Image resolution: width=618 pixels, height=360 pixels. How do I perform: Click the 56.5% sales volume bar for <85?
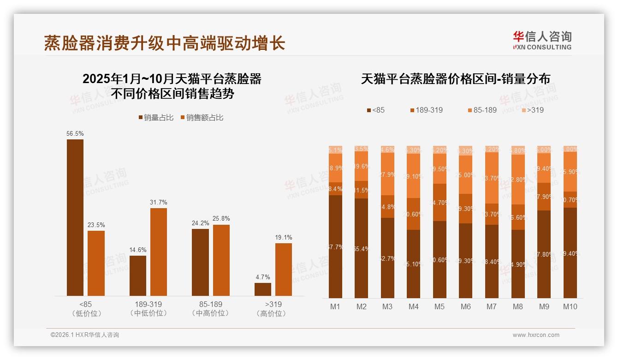pos(75,217)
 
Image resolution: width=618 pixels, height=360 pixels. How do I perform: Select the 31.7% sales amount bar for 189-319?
pos(159,252)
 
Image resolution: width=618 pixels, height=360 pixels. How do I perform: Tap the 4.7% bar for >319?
pos(263,289)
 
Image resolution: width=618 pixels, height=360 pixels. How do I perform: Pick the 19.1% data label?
pos(284,238)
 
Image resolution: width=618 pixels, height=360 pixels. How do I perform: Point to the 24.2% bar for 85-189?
pos(200,262)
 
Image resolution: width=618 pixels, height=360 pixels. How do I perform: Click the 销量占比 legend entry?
pos(156,118)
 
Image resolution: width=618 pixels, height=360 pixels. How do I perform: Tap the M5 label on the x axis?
pos(440,306)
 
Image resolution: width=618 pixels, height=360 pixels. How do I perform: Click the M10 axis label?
pos(570,306)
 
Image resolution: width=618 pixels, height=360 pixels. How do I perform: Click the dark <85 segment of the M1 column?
pos(336,246)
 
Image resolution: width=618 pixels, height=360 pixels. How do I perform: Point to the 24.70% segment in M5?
pos(440,202)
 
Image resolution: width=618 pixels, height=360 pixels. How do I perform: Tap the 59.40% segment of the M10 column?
pos(570,253)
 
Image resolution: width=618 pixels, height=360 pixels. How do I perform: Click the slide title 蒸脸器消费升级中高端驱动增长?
pos(165,43)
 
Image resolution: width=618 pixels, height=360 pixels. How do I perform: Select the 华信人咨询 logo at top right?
pos(542,40)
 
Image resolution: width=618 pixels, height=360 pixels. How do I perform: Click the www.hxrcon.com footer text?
pos(536,335)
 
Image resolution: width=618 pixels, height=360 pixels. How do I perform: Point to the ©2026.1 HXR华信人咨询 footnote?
pos(85,335)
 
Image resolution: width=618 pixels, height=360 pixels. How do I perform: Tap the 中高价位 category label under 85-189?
pos(210,313)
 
